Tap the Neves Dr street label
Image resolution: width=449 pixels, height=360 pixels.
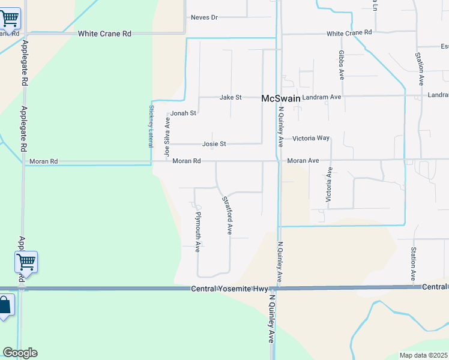pyautogui.click(x=203, y=17)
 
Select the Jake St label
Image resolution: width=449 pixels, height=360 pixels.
pyautogui.click(x=231, y=97)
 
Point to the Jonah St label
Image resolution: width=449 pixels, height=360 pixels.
pyautogui.click(x=183, y=113)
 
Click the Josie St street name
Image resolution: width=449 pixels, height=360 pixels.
pyautogui.click(x=214, y=144)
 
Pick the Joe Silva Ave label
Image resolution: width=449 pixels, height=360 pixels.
pyautogui.click(x=167, y=137)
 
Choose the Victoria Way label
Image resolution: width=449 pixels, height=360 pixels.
pyautogui.click(x=311, y=138)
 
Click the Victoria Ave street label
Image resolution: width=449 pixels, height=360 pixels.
pyautogui.click(x=328, y=184)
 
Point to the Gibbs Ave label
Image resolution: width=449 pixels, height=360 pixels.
pyautogui.click(x=341, y=65)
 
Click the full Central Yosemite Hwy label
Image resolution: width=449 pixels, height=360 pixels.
pyautogui.click(x=229, y=289)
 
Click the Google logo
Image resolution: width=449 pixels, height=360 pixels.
pyautogui.click(x=20, y=352)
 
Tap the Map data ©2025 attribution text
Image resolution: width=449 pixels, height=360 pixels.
pyautogui.click(x=423, y=355)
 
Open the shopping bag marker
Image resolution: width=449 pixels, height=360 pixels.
pyautogui.click(x=5, y=305)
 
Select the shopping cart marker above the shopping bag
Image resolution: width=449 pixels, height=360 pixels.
pyautogui.click(x=26, y=262)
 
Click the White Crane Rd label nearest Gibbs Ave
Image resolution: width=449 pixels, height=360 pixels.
pyautogui.click(x=349, y=32)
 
